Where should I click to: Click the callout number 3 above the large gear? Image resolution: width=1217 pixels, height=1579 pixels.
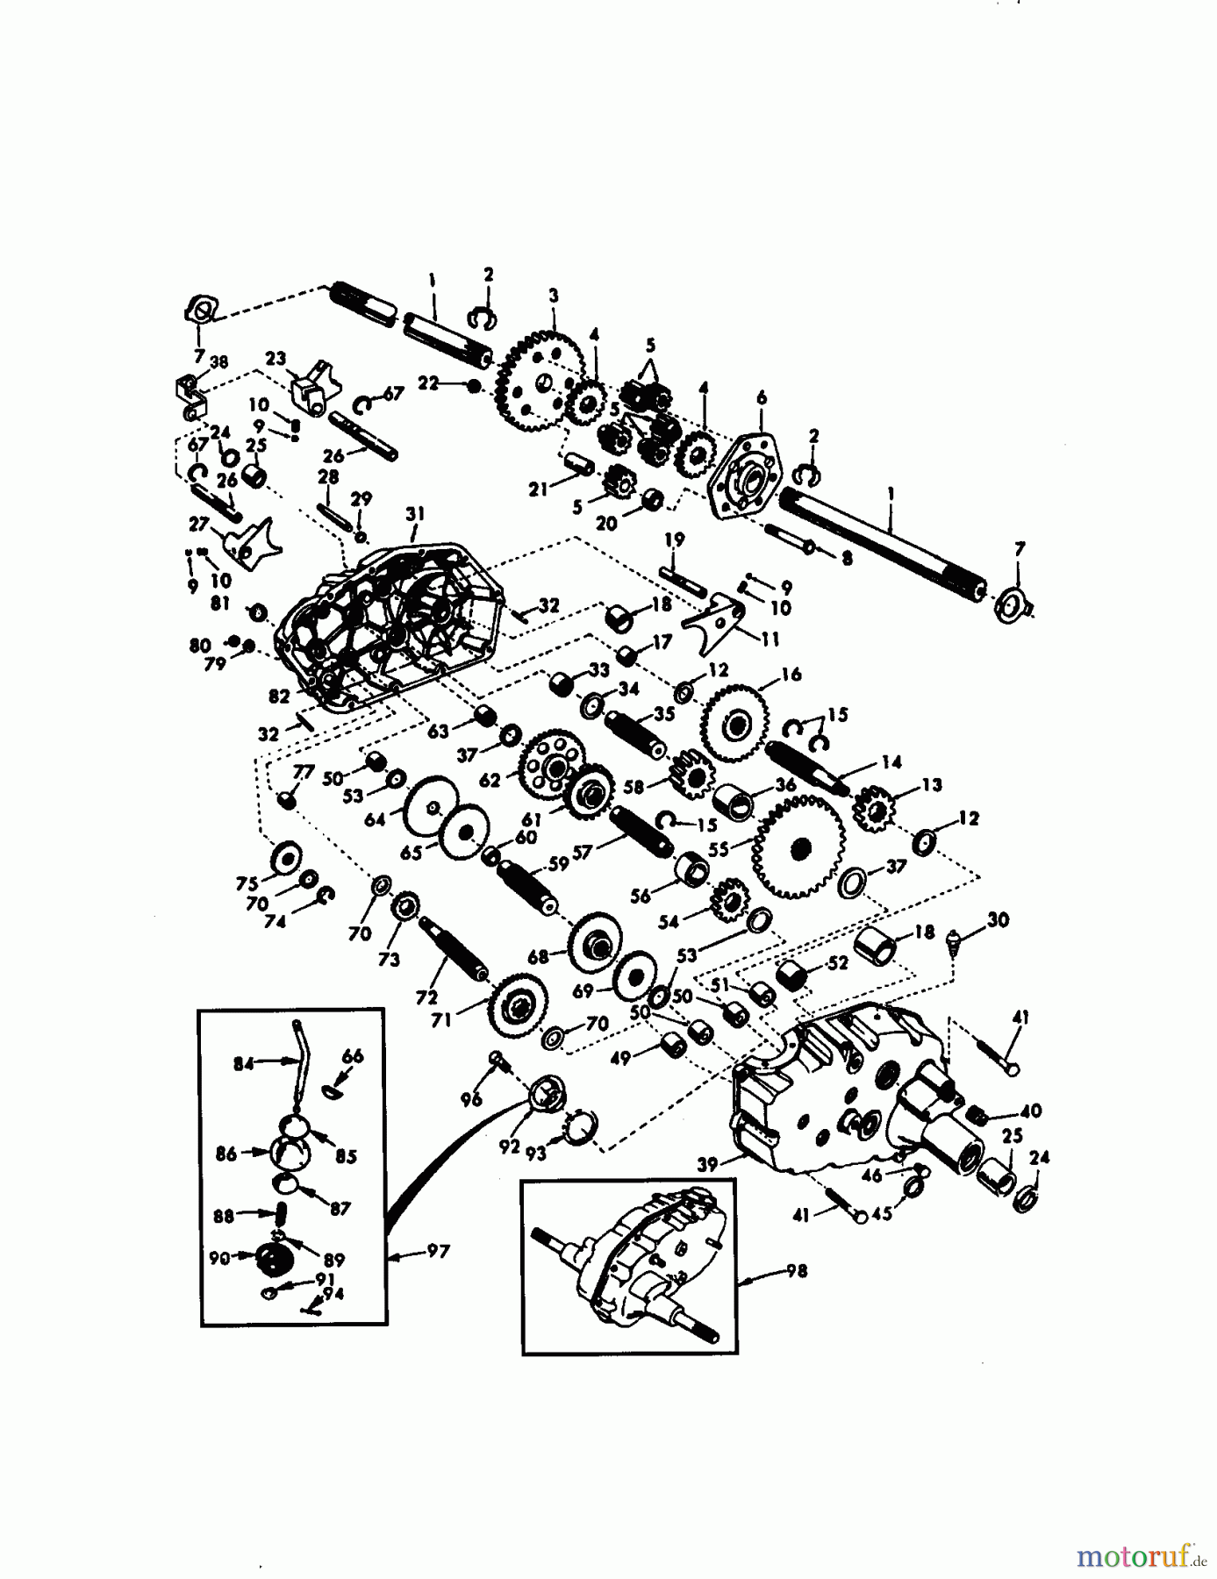(553, 297)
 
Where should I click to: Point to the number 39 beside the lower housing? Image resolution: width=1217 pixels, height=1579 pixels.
(706, 1164)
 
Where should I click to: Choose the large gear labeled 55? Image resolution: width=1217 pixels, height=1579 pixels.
(798, 847)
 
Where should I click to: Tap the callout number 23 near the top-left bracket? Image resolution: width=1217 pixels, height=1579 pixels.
(276, 359)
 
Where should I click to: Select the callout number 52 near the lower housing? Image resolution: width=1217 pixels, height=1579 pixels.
(837, 962)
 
